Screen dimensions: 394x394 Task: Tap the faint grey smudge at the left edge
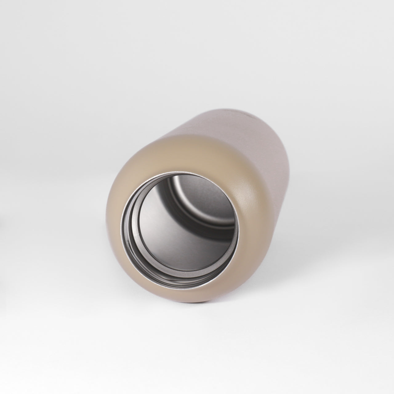1,222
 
